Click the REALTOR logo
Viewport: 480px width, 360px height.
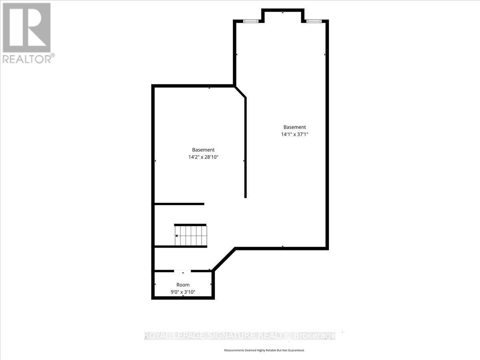coord(26,28)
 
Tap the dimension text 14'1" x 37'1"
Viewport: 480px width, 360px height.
coord(294,135)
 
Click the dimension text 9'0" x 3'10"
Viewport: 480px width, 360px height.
coord(183,292)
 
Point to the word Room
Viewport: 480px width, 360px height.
coord(183,285)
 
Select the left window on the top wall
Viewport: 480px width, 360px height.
coord(251,21)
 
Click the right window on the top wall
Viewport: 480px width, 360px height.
coord(312,21)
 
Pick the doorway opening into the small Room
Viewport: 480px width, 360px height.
coord(182,271)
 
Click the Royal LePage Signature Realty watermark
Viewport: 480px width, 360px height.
coord(239,336)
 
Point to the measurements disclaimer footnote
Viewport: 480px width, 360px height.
coord(264,350)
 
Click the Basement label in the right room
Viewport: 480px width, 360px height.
coord(294,127)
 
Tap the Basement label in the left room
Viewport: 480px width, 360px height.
coord(203,150)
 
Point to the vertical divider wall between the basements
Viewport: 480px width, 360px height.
coord(245,148)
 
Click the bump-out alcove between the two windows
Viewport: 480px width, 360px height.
coord(283,15)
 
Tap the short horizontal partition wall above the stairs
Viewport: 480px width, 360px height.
coord(179,204)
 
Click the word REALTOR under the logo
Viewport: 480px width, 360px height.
coord(27,59)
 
